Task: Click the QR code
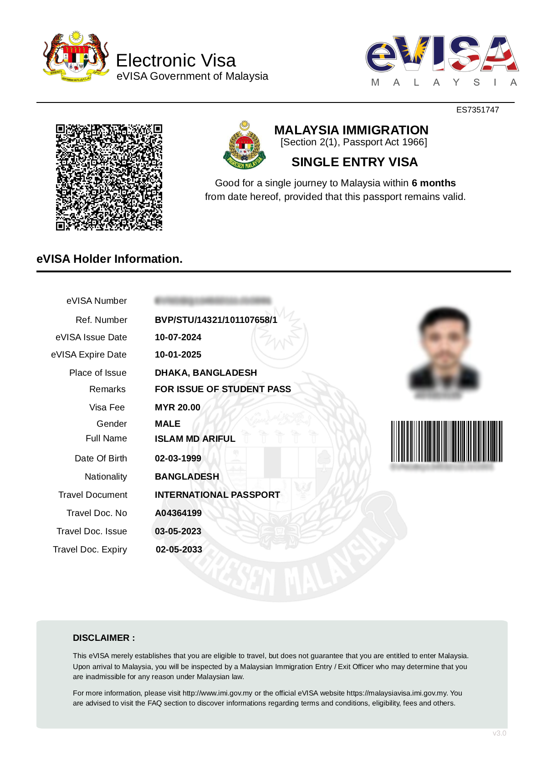109,177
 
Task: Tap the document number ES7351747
477,110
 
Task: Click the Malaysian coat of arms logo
76,57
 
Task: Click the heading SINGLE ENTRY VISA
354,162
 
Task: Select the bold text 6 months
433,183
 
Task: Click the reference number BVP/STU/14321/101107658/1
216,320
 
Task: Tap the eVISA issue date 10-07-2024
178,337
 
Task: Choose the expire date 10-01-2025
178,354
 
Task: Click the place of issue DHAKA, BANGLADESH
206,373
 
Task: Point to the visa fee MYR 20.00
178,407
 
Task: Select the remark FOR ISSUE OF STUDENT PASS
223,389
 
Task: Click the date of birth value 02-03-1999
178,458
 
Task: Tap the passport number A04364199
178,513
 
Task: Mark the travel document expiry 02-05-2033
179,549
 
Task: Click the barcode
446,441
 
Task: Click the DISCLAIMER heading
104,638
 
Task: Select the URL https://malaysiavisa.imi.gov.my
397,693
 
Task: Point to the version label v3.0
499,733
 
